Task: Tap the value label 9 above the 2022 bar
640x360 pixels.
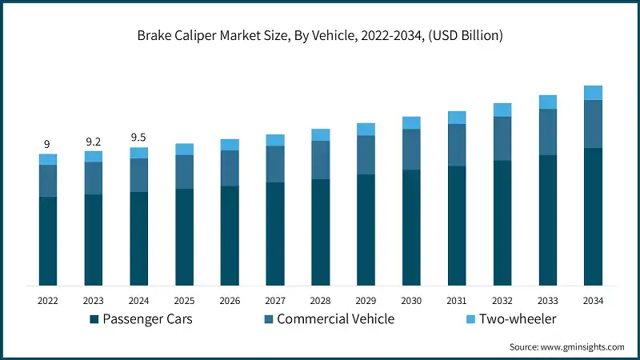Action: coord(46,144)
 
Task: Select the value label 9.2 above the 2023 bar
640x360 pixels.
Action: coord(93,141)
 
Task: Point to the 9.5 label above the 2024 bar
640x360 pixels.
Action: coord(138,138)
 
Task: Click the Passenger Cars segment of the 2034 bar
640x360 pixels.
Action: coord(593,216)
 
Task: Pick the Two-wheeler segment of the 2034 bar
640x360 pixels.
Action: coord(593,93)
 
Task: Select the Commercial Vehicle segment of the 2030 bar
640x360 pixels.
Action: coord(411,150)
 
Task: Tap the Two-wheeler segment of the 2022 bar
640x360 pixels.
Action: coord(47,159)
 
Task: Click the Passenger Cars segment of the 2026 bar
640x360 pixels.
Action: coord(230,235)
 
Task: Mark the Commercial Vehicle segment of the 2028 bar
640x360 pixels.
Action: coord(320,160)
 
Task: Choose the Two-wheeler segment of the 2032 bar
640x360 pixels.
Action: coord(502,110)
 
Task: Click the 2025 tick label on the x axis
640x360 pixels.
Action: coord(184,301)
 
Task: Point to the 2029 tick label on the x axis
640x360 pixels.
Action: coord(366,301)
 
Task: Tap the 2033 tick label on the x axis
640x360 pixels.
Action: coord(547,301)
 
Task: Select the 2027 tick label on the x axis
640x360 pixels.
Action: coord(274,301)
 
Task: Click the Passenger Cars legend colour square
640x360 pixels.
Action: coord(94,320)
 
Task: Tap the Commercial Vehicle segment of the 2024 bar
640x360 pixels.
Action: coord(138,175)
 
